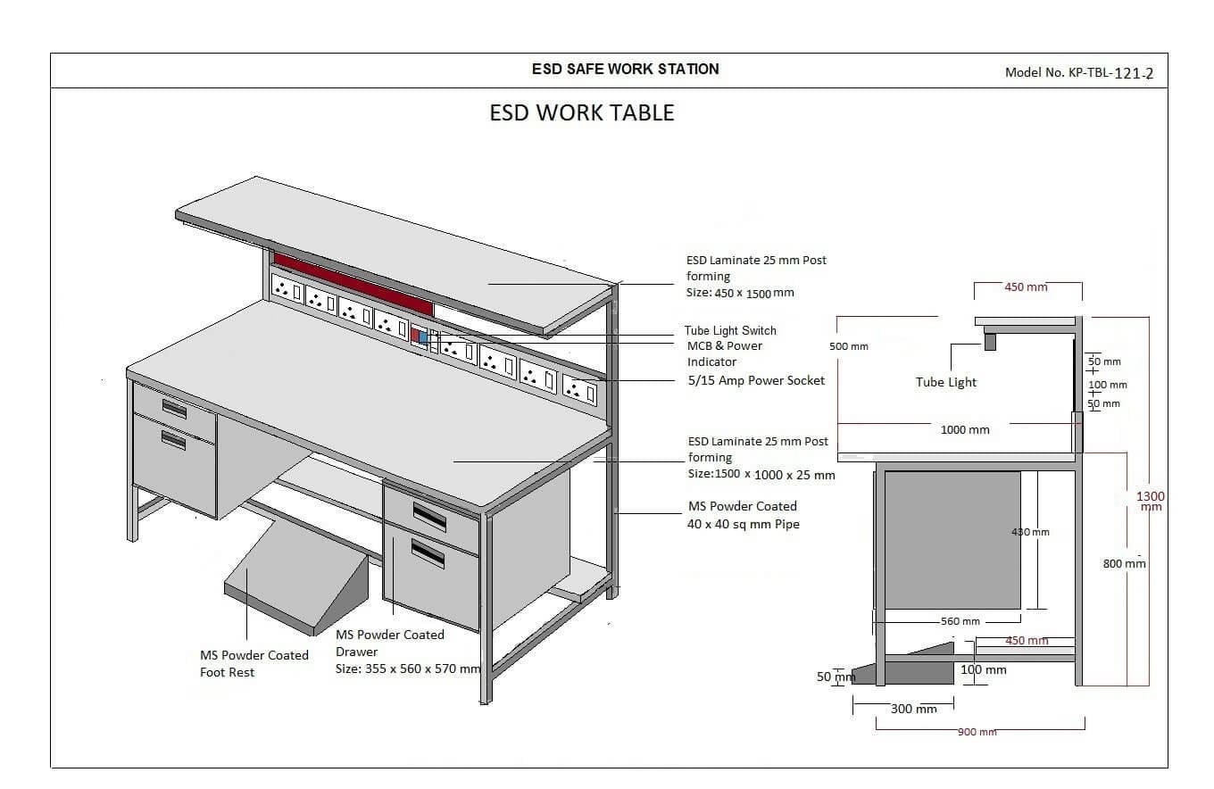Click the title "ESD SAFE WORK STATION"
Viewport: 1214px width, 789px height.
625,69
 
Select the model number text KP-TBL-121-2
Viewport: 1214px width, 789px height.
1110,73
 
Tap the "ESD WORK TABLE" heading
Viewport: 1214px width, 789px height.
582,113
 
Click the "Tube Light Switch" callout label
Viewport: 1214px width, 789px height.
730,330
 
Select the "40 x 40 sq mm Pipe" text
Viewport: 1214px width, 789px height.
743,524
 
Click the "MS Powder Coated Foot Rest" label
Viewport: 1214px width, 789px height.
254,663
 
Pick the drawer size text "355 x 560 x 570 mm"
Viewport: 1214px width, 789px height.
423,668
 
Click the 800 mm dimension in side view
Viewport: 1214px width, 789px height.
1124,563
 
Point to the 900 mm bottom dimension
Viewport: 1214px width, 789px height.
977,732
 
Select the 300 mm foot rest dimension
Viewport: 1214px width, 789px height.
913,709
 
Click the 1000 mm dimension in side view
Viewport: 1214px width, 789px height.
964,429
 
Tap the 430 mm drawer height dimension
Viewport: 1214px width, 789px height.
1030,532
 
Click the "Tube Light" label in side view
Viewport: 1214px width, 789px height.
945,382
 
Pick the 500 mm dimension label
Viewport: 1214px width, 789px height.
848,346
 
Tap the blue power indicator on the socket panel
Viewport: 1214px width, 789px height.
424,337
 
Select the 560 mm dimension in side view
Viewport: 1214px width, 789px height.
960,621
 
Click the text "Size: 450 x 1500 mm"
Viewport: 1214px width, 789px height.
739,293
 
